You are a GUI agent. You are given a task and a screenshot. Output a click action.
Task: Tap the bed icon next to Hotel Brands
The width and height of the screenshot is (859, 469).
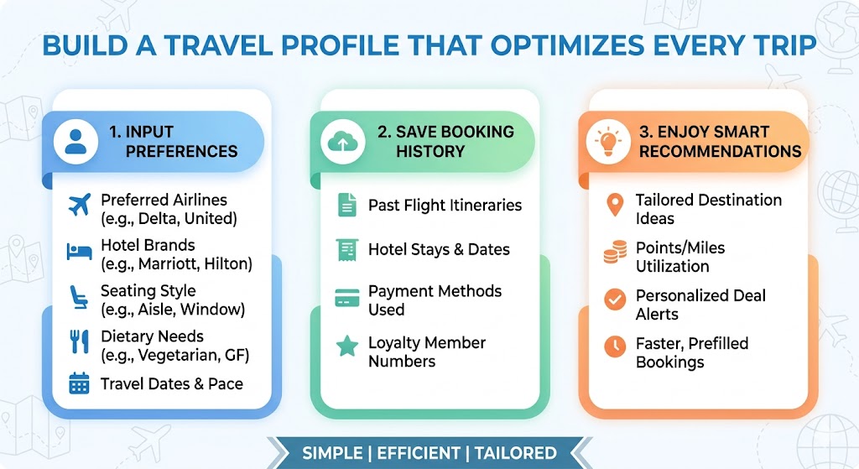(x=79, y=251)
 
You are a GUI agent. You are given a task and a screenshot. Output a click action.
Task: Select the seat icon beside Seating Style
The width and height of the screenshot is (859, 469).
(x=79, y=296)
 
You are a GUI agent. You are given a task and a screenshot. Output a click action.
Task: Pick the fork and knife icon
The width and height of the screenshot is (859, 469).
(x=79, y=341)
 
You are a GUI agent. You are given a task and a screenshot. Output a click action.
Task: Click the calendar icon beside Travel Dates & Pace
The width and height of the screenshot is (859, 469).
(x=79, y=384)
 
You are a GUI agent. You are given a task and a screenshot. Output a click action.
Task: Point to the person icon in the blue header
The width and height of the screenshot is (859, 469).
(x=75, y=142)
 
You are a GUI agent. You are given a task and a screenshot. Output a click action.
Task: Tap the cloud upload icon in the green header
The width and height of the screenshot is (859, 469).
(x=342, y=142)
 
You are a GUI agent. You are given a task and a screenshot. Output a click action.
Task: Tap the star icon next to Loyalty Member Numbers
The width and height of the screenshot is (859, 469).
(x=346, y=347)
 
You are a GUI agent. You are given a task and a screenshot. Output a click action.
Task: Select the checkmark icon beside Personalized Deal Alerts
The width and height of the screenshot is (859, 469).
(x=615, y=300)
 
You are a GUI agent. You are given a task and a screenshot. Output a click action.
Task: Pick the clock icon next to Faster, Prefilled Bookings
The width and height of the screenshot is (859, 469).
(x=615, y=346)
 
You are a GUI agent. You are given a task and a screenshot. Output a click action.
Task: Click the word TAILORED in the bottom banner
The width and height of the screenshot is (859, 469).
(x=515, y=452)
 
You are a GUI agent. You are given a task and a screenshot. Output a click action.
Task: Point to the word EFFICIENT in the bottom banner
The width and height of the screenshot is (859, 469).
(x=419, y=452)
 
